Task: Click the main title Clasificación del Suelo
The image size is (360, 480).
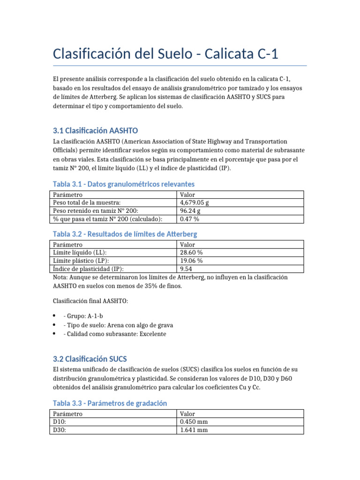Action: click(x=165, y=54)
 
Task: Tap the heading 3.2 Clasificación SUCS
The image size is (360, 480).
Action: click(x=90, y=360)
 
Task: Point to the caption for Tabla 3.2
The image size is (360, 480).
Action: click(x=125, y=233)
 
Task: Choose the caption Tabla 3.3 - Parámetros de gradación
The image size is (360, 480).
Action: click(x=109, y=403)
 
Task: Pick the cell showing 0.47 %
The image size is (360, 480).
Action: click(x=190, y=219)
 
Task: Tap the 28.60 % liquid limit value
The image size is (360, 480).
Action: click(x=191, y=252)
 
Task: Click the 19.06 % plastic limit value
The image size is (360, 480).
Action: click(x=191, y=261)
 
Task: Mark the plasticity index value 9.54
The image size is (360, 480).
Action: click(x=186, y=269)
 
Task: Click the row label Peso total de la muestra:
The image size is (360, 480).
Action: click(x=84, y=202)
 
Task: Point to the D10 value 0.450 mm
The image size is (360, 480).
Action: click(x=194, y=421)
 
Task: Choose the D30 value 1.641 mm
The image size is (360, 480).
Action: click(x=194, y=429)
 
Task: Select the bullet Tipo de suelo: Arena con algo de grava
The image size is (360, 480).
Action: click(x=118, y=325)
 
